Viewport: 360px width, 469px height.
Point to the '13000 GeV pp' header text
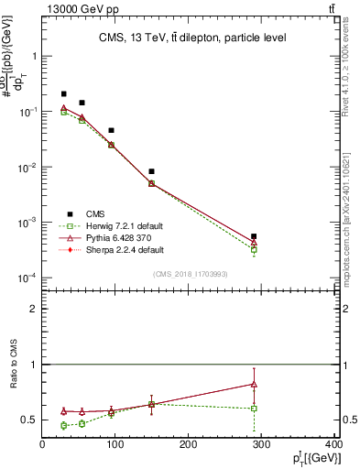[x=79, y=8]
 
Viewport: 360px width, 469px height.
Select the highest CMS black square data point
[x=63, y=93]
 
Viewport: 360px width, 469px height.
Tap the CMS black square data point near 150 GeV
[x=151, y=171]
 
